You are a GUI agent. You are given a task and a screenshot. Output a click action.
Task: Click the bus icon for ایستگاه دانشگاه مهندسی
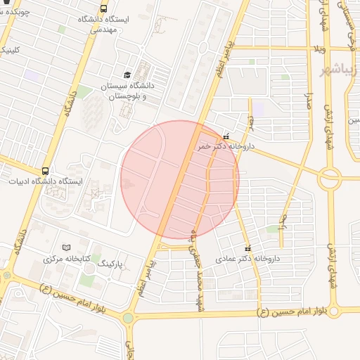(x=104, y=9)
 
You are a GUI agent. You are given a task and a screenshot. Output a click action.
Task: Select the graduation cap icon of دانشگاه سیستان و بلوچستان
(x=127, y=75)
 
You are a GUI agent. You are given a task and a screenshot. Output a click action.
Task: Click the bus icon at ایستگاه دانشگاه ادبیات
(x=46, y=171)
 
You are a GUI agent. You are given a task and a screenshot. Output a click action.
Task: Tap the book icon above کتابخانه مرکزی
(x=67, y=247)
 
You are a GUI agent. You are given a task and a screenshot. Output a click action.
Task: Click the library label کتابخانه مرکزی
(x=67, y=259)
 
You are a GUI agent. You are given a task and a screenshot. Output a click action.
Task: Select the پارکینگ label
(x=110, y=263)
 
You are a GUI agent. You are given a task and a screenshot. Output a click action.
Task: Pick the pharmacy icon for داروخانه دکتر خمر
(x=226, y=136)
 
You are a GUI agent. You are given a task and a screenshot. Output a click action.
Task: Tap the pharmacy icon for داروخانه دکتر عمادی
(x=247, y=248)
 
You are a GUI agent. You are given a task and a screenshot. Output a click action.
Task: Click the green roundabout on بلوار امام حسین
(x=127, y=318)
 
